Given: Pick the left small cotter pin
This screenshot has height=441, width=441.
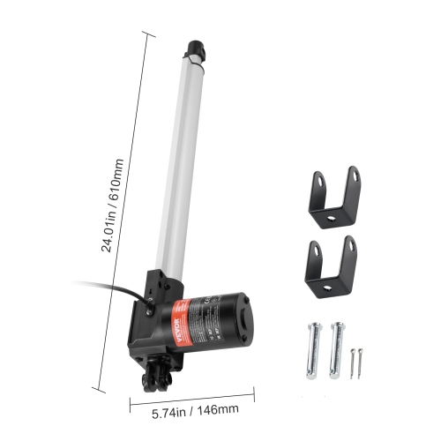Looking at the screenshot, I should [x=351, y=363].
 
